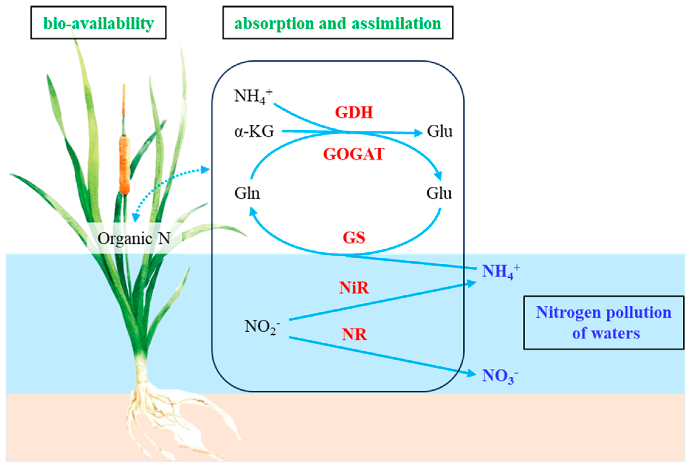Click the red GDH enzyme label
pos(354,112)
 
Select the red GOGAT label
pos(354,154)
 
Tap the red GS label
pos(354,237)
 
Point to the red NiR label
pos(354,287)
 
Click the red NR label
pos(354,334)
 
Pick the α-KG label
pos(254,132)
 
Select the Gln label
pos(247,193)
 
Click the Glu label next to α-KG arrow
pos(440,132)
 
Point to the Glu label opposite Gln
pos(439,193)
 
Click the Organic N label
pos(134,239)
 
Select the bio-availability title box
pos(98,23)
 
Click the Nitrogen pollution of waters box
pos(603,323)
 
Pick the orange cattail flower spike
pos(124,164)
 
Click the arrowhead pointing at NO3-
pos(472,373)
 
